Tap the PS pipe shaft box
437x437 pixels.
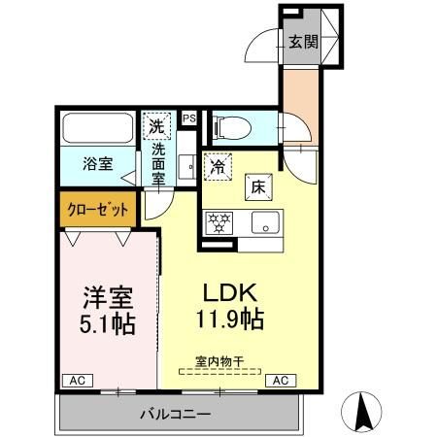188,119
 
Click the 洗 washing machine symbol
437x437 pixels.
156,125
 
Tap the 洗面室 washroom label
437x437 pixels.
156,162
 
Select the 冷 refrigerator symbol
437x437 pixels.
219,167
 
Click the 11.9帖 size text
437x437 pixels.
229,319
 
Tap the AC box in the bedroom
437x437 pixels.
76,380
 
